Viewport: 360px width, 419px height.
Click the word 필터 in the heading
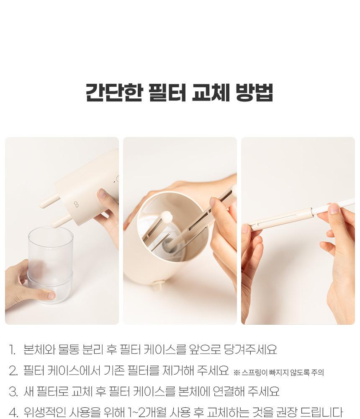pos(167,93)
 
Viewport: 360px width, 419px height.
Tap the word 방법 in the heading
pos(255,93)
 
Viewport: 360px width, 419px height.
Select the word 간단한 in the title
pos(114,93)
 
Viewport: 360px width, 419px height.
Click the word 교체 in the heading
pos(211,93)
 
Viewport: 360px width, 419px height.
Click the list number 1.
pos(12,350)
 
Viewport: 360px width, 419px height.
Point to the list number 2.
pos(13,371)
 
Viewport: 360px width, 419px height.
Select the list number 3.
pos(13,392)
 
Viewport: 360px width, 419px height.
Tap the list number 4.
pos(13,413)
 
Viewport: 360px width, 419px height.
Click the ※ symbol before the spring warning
pos(237,372)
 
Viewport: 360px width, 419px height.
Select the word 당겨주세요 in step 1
pos(250,349)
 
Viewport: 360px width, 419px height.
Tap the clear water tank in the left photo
pos(50,264)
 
